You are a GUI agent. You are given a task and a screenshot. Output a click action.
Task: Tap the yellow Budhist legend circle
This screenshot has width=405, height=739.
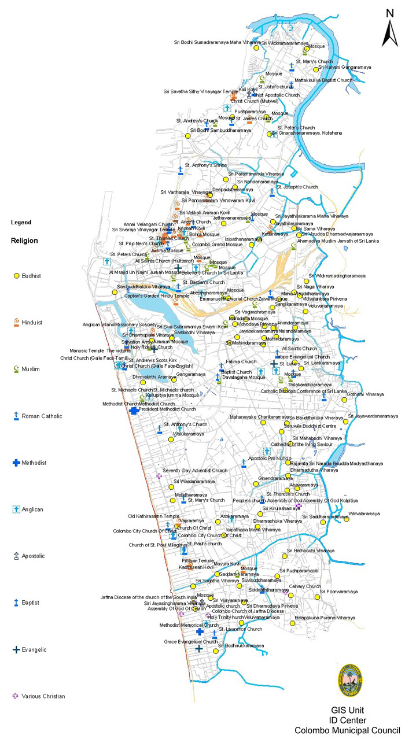pos(16,275)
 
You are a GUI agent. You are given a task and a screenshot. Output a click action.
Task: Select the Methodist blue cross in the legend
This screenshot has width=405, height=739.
pos(16,463)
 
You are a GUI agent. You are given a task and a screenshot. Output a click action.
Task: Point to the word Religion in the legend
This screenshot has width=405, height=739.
pos(24,241)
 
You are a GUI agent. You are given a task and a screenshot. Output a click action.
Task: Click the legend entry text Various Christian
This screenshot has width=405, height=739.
pos(43,696)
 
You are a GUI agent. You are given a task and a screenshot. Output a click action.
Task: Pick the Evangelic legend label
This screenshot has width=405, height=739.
pos(35,649)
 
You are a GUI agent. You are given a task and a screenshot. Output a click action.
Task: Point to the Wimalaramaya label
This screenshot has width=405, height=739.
pos(364,513)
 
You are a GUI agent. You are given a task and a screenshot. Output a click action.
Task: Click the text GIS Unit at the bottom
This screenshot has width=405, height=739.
pos(347,710)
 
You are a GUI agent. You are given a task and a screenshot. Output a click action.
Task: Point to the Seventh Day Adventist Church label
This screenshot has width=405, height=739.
pos(195,470)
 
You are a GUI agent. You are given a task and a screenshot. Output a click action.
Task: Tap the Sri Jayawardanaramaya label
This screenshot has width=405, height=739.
pos(374,416)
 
